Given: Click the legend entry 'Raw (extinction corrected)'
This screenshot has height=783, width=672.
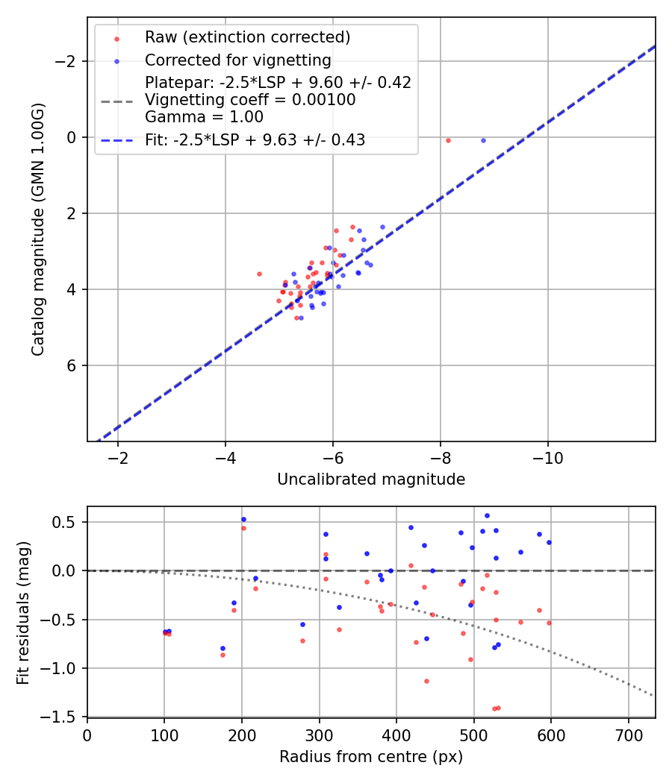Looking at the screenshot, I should (247, 37).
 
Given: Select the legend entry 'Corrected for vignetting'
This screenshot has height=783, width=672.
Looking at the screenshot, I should (237, 60).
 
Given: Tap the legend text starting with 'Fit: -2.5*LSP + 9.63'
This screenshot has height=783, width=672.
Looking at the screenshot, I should (255, 140).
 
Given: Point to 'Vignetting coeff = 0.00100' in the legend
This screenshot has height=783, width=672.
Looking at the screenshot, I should (250, 100).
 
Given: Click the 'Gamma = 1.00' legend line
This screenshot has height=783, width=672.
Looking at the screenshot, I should (204, 116).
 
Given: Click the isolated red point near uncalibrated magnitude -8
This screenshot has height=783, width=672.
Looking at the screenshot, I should (448, 140).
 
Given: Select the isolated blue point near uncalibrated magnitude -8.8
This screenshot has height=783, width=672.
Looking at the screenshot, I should (483, 140).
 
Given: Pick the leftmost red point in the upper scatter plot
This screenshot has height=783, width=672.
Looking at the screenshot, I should (259, 274).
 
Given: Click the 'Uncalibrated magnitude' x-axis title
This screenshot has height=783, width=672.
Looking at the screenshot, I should (371, 479).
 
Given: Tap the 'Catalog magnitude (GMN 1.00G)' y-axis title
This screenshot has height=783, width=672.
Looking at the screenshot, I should (38, 229).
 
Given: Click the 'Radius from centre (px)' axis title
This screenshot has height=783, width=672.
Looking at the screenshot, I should (371, 757).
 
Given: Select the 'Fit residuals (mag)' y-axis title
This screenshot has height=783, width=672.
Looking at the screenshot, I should (23, 612).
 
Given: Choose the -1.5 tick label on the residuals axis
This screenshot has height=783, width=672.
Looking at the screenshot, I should (64, 717).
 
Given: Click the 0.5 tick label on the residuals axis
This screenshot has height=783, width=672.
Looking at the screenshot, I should (67, 522).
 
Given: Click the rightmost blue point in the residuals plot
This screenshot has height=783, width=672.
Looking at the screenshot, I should (549, 542).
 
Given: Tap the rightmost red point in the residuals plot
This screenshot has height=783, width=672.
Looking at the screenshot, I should (549, 623).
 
